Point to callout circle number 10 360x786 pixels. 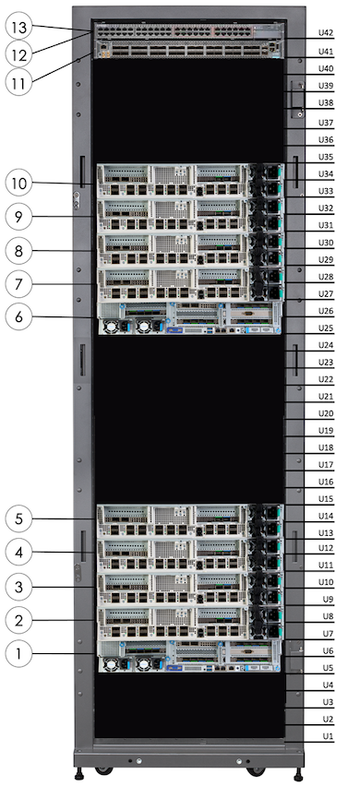23,184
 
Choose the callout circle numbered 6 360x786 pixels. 23,316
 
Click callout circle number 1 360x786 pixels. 23,655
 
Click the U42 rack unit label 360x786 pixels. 325,32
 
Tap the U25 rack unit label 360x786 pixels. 325,327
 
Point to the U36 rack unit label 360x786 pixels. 325,139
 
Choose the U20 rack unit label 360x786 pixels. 325,413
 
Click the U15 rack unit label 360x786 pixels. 325,499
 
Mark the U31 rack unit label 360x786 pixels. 325,225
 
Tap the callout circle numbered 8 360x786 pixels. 23,249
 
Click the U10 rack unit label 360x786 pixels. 325,582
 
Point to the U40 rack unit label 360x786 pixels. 325,68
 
